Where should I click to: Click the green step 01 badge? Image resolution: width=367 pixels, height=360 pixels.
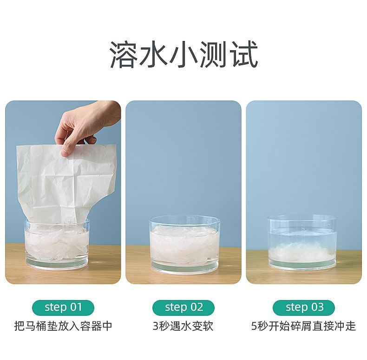coord(63,307)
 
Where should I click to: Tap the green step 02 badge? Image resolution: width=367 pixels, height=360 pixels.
coord(183,307)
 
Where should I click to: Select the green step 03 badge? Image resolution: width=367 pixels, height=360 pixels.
coord(304,307)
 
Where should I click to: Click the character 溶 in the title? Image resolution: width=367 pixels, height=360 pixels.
coord(124,54)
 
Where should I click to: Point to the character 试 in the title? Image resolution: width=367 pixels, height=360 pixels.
coord(243,54)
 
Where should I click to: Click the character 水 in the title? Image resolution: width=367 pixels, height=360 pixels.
coord(154,54)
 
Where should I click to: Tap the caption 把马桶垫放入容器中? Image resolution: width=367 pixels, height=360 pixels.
coord(63,326)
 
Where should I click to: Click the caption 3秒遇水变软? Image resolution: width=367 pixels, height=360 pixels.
coord(183,326)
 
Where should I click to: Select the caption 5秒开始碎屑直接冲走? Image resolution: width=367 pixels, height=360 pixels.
coord(303,326)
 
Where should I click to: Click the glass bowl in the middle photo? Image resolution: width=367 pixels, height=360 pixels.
coord(184,245)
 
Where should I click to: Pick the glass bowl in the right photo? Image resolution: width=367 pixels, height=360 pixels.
coord(302,244)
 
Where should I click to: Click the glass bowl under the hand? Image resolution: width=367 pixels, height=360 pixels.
coord(57,245)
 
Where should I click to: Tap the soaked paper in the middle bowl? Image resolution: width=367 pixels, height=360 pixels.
coord(184,246)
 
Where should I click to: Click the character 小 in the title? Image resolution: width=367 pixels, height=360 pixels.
coord(184,54)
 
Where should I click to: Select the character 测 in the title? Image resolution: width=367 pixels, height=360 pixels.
coord(214,54)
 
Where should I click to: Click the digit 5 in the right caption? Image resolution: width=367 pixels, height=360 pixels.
coord(254,326)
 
